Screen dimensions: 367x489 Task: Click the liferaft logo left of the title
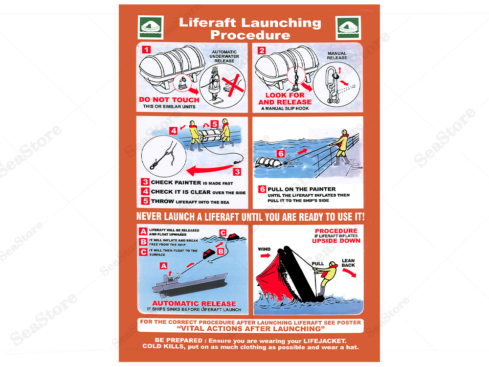[151, 27]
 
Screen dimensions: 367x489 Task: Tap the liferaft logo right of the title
[348, 27]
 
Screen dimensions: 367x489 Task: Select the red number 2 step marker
[262, 50]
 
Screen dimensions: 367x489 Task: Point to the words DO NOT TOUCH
[169, 99]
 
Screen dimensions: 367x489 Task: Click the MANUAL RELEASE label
[337, 55]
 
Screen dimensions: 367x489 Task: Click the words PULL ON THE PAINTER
[302, 189]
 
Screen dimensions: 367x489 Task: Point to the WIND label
[264, 249]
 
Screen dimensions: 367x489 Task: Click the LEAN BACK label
[348, 263]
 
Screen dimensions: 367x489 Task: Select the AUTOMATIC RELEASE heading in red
[194, 303]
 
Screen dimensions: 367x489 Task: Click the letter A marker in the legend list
[143, 232]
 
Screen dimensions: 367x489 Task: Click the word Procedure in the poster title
[250, 35]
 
